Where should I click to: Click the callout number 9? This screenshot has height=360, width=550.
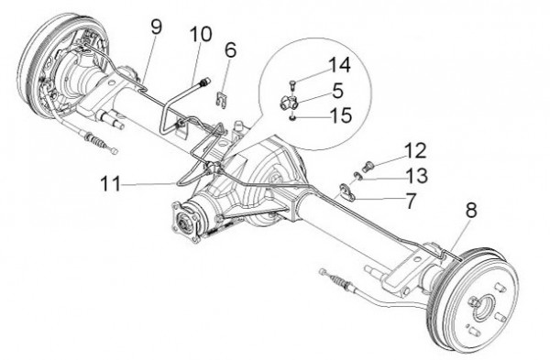[x=157, y=27]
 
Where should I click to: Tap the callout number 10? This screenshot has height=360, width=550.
[x=201, y=35]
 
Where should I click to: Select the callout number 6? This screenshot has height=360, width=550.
[x=230, y=49]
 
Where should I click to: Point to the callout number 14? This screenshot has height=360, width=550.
[x=339, y=65]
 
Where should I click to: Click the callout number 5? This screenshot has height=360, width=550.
[x=337, y=91]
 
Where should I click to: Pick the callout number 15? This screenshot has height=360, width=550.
[x=341, y=115]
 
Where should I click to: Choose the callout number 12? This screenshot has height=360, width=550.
[x=415, y=150]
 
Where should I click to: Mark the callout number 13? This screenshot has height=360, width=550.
[x=417, y=175]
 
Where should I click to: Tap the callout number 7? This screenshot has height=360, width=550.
[x=411, y=201]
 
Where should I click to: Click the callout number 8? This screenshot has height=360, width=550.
[x=471, y=210]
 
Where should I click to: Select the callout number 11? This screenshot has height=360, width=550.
[x=111, y=183]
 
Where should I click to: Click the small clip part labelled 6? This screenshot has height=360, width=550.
[x=221, y=100]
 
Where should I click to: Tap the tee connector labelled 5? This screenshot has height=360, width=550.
[x=289, y=104]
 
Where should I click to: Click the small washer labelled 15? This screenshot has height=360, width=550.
[x=292, y=118]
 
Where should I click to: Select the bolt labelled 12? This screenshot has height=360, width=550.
[x=368, y=166]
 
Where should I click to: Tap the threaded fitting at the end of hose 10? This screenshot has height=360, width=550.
[x=204, y=82]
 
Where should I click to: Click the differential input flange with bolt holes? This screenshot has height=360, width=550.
[x=185, y=223]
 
